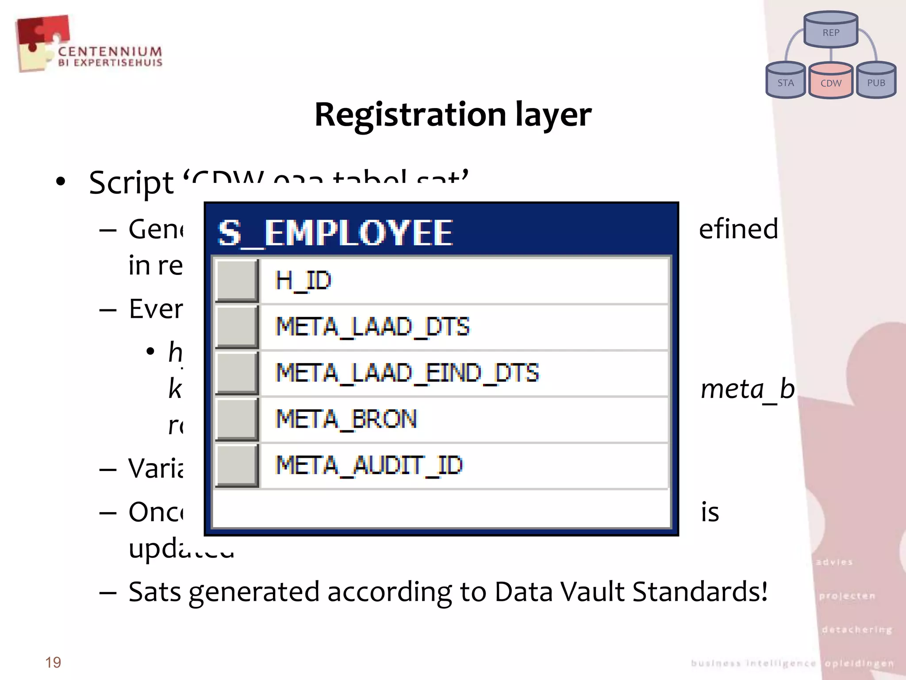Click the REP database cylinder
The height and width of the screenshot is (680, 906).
tap(831, 30)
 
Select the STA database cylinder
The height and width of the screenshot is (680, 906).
tap(785, 81)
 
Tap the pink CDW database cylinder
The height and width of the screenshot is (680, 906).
tap(831, 81)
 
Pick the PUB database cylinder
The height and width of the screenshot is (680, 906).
tap(876, 81)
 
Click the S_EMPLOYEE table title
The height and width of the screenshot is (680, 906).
tap(335, 233)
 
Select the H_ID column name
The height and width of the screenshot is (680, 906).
tap(303, 281)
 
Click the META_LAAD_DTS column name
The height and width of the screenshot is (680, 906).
tap(372, 327)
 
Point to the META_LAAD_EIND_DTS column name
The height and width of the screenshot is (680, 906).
tap(407, 373)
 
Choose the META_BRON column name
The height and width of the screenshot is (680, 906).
tap(346, 419)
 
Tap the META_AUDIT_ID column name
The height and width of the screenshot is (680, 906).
tap(369, 465)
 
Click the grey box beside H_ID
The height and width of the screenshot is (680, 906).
tap(237, 281)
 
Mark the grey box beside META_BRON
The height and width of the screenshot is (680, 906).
tap(237, 419)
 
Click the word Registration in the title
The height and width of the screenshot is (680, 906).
tap(410, 115)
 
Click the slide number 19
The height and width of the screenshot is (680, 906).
tap(53, 662)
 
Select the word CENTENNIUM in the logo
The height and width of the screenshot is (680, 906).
tap(110, 51)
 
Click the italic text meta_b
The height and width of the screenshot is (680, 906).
tap(748, 390)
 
